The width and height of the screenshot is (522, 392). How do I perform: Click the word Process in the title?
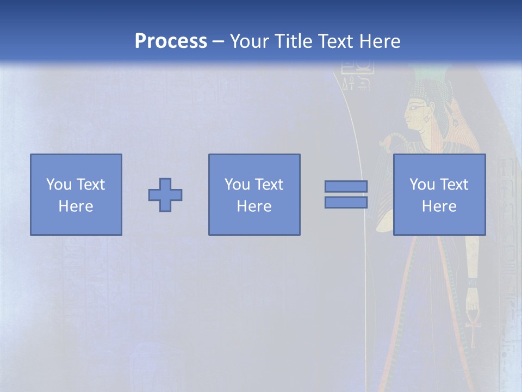pos(171,41)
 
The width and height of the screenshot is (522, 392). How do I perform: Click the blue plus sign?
pos(165,195)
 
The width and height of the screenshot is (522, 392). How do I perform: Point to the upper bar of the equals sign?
pos(346,186)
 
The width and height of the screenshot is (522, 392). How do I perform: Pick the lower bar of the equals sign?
pos(346,203)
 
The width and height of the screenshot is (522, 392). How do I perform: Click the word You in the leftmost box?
pos(59,185)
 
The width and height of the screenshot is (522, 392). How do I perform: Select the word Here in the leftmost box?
pos(76,206)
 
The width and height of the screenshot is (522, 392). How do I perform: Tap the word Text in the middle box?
pos(269,185)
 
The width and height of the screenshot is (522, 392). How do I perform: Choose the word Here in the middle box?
pos(254,206)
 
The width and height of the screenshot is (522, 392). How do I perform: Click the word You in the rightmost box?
pos(422,185)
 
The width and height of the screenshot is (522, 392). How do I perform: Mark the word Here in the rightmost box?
pos(439,206)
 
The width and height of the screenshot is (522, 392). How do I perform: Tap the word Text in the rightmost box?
pos(453,185)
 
